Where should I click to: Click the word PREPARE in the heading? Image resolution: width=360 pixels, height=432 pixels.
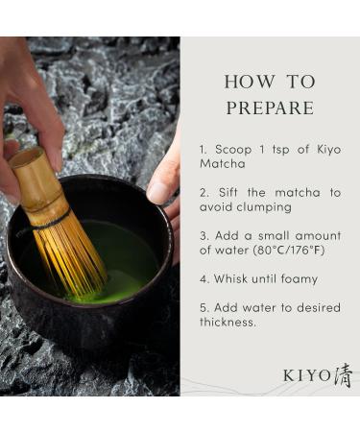(270, 108)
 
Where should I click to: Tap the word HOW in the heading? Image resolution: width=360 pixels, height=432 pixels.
(244, 81)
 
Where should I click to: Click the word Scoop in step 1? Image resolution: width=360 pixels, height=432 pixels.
(233, 150)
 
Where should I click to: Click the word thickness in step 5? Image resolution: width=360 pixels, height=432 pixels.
(230, 323)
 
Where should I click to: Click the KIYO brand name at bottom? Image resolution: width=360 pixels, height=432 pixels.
(306, 375)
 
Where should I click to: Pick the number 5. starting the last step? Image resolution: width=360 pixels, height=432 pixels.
(204, 308)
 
